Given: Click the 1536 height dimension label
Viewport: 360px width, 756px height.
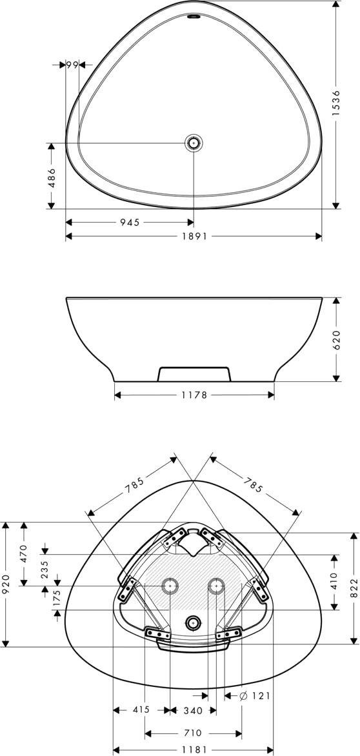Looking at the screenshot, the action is pyautogui.click(x=336, y=103).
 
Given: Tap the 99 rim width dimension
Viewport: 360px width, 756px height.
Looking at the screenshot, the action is pyautogui.click(x=72, y=65).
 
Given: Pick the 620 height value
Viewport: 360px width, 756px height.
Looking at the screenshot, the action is pyautogui.click(x=336, y=340).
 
